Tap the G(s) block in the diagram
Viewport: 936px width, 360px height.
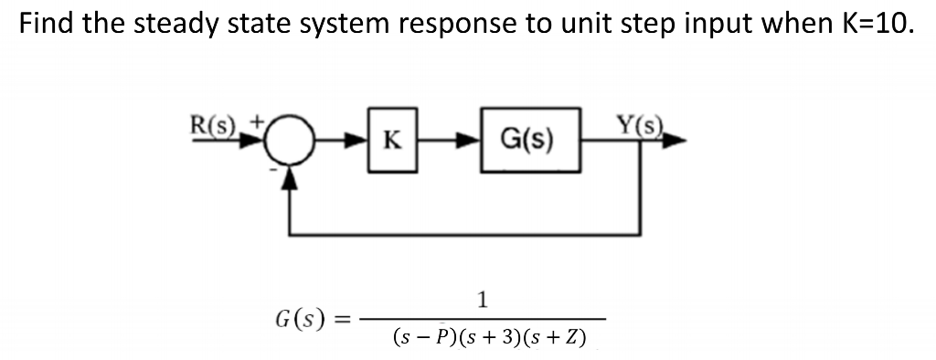(x=528, y=142)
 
